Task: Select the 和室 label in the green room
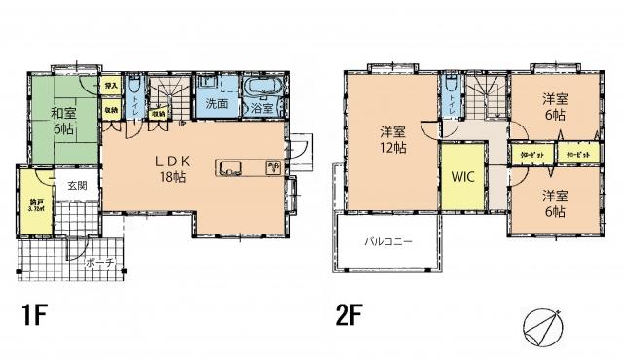(x=64, y=113)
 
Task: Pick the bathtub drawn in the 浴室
(x=263, y=90)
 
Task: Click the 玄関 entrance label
(x=77, y=185)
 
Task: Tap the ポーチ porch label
(x=99, y=263)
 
